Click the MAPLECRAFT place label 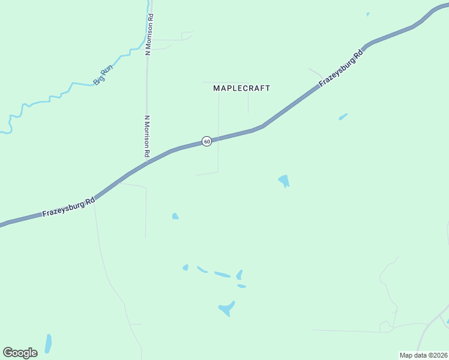(x=242, y=88)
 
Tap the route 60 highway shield (x=206, y=142)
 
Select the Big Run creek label (x=103, y=76)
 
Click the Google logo (x=20, y=353)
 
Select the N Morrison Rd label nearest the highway (x=146, y=136)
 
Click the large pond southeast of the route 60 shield (x=283, y=180)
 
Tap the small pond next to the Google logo (x=48, y=343)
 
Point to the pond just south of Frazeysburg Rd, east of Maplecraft (x=343, y=116)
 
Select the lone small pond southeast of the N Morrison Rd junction (x=175, y=216)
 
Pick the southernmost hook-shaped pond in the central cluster (x=226, y=309)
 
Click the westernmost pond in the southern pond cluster (x=185, y=268)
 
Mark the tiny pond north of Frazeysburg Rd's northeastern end (x=368, y=14)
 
